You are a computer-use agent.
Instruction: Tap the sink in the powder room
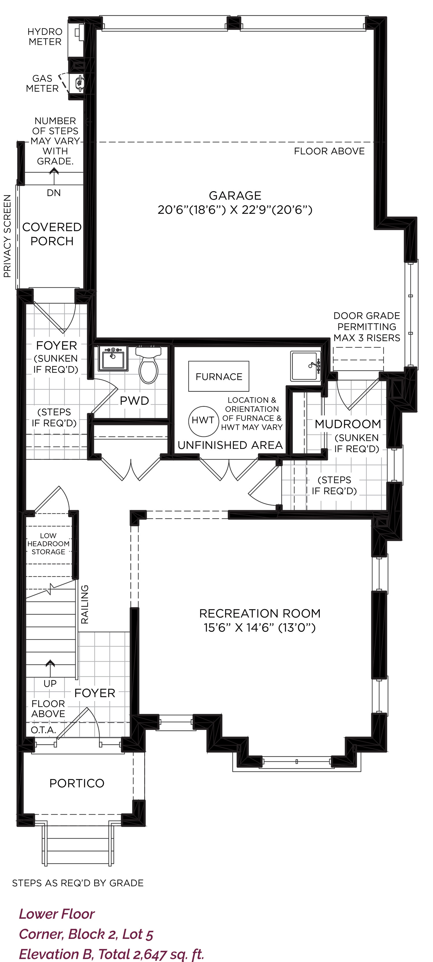[x=113, y=358]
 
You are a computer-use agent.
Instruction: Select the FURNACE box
[x=219, y=376]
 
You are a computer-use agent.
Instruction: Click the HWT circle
[x=203, y=421]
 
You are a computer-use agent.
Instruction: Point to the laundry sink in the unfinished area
[x=305, y=366]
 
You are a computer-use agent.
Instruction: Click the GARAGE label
[x=235, y=195]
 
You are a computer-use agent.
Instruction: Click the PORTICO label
[x=77, y=783]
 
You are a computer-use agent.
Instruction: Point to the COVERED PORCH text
[x=52, y=234]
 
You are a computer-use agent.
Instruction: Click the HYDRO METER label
[x=45, y=37]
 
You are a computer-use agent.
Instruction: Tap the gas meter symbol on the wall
[x=79, y=83]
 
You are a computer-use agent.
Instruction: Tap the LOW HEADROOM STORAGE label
[x=48, y=544]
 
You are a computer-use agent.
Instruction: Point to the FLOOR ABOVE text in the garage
[x=329, y=151]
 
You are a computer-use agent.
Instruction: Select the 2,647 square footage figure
[x=150, y=954]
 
